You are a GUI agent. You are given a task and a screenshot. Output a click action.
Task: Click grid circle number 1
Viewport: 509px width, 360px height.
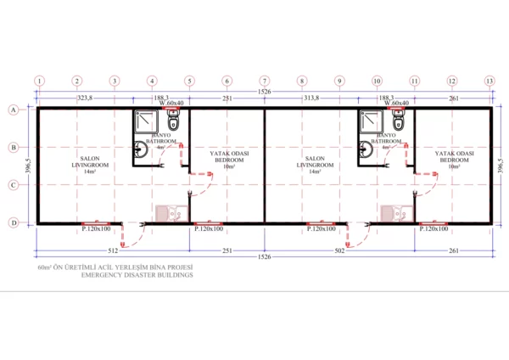click(x=39, y=81)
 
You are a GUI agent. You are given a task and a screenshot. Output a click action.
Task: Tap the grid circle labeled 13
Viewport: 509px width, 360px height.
click(x=489, y=81)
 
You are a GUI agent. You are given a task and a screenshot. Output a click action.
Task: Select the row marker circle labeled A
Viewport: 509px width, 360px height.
click(x=14, y=110)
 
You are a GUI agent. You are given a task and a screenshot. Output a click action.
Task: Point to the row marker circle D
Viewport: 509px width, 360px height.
click(x=14, y=222)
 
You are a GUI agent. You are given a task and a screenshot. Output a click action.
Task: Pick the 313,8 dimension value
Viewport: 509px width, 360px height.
click(x=309, y=98)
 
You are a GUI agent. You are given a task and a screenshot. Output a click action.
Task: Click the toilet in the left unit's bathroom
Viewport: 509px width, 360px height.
click(x=176, y=123)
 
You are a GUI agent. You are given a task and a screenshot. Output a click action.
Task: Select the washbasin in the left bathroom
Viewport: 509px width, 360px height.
click(x=141, y=151)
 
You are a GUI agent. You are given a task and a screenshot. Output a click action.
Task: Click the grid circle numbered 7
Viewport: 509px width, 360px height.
click(x=265, y=81)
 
